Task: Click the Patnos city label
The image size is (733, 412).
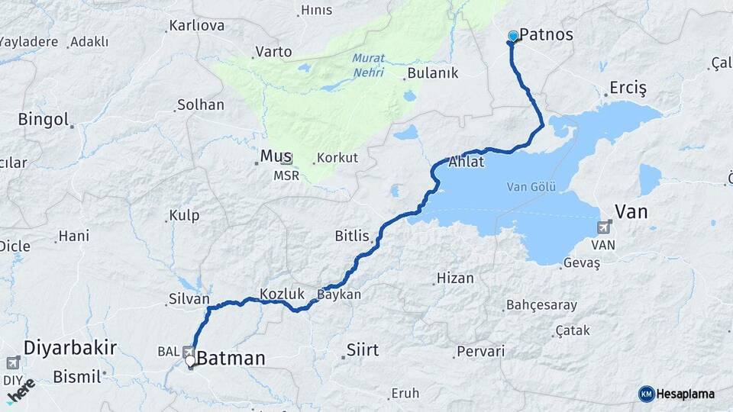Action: click(546, 35)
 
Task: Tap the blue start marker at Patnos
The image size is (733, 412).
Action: click(513, 35)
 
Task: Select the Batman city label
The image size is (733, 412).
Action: click(231, 358)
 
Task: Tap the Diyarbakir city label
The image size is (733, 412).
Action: click(70, 348)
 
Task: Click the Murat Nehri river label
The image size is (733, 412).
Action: click(369, 66)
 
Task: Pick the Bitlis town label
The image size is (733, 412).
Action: click(352, 236)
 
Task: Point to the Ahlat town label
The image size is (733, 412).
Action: click(467, 162)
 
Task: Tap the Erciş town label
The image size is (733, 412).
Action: click(628, 89)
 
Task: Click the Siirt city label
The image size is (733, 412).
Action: click(362, 350)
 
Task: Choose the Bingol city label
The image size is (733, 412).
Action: click(44, 120)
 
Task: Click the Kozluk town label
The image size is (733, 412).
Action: click(282, 294)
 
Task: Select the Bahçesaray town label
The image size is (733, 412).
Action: click(541, 305)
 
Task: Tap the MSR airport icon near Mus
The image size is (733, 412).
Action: click(286, 159)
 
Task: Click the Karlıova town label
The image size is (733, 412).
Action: click(196, 26)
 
